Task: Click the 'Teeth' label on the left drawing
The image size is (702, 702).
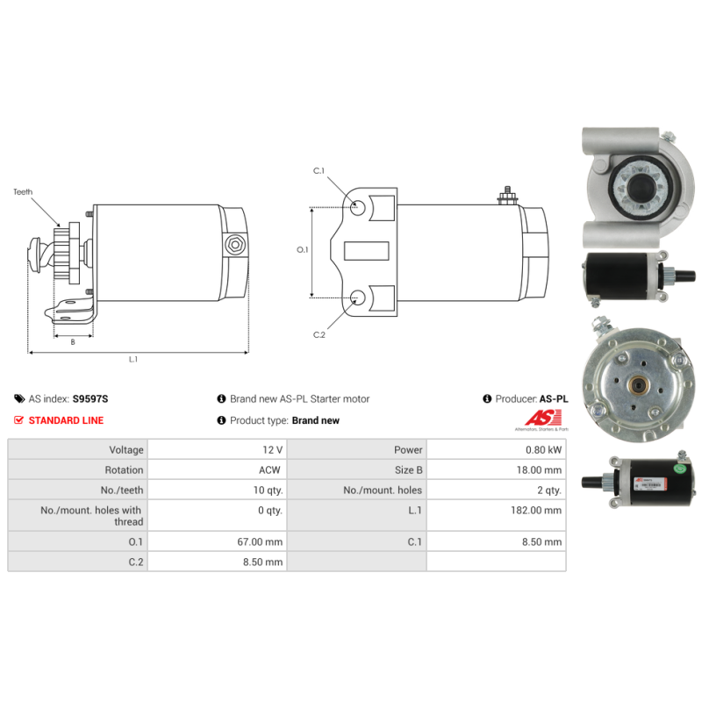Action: click(x=23, y=192)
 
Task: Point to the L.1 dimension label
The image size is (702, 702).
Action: click(x=133, y=359)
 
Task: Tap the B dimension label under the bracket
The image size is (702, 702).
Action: click(x=73, y=342)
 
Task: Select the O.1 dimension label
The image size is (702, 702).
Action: click(x=302, y=250)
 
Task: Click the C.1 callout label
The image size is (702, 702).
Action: click(x=319, y=170)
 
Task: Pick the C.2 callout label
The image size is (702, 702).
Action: click(x=319, y=335)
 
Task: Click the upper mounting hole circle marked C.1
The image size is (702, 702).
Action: click(x=358, y=208)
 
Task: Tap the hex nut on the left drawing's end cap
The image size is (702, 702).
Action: click(x=234, y=245)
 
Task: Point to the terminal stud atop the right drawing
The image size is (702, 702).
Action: click(x=507, y=196)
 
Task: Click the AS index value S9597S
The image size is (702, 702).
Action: click(x=90, y=399)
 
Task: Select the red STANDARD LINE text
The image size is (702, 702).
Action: click(x=67, y=420)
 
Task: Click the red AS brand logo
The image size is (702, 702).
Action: click(x=542, y=419)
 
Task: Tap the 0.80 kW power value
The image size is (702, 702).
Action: click(x=543, y=450)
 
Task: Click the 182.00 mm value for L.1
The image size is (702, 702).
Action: click(x=536, y=511)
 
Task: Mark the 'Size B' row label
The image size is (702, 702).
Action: click(x=408, y=470)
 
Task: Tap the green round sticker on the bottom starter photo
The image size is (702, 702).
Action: click(x=680, y=469)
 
